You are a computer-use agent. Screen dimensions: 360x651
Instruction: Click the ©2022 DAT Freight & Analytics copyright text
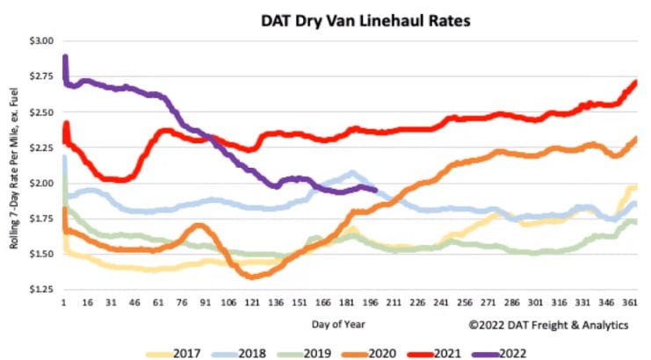click(549, 325)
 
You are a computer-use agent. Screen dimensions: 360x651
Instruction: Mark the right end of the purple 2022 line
click(375, 189)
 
